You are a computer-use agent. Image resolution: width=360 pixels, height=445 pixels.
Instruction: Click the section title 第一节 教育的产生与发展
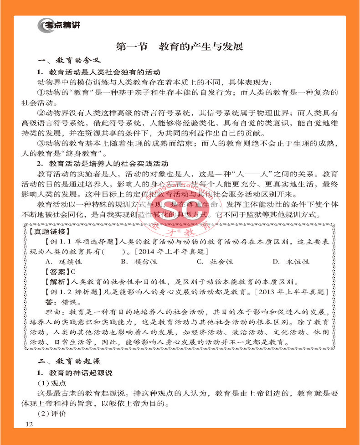click(x=180, y=47)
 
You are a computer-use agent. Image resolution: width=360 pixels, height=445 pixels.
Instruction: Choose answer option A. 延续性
click(x=64, y=262)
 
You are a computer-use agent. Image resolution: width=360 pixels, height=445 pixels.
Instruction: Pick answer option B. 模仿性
click(x=139, y=262)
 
